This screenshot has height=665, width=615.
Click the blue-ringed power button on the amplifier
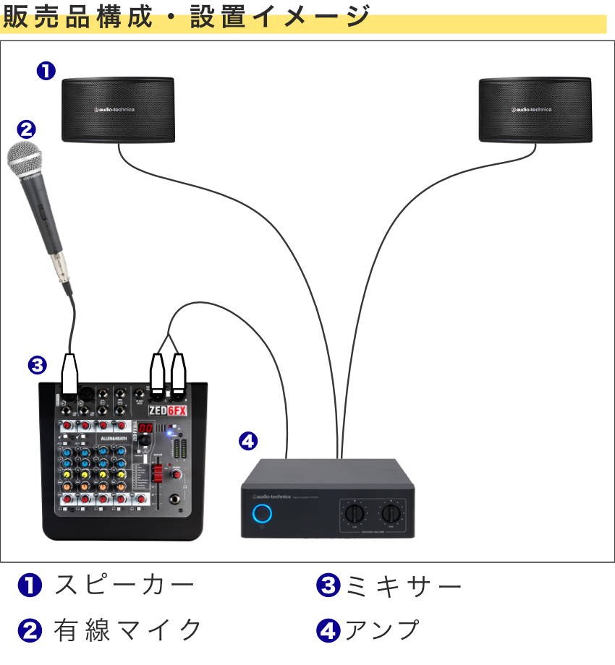tap(263, 515)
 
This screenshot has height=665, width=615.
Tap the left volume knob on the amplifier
tap(355, 514)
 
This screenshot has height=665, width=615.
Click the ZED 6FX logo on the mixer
tap(167, 411)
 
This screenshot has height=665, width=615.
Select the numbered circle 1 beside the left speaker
tap(46, 70)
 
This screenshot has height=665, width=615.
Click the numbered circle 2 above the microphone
tap(25, 129)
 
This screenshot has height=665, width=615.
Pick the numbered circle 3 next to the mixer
tap(37, 365)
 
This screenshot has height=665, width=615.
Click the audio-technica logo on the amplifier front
tap(271, 497)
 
